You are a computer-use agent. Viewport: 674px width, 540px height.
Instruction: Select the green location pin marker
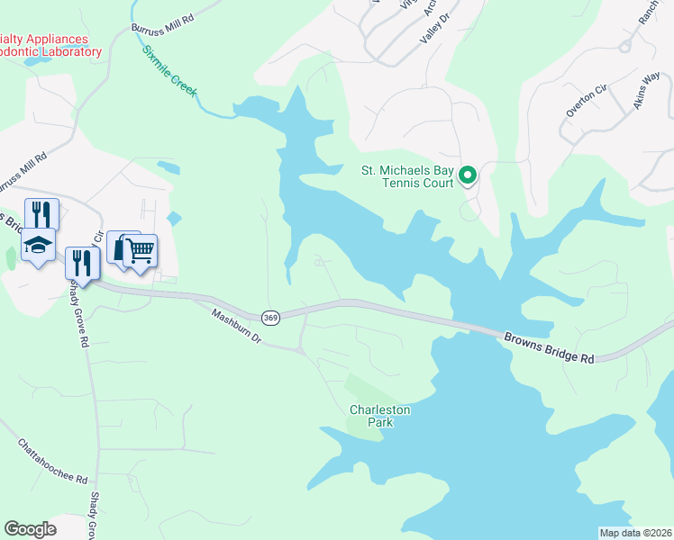point(468,175)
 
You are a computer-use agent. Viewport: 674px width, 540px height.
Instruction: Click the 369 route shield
point(270,318)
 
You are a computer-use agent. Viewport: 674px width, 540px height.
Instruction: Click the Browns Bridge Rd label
point(550,346)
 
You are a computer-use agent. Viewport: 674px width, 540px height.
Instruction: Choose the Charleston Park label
point(380,416)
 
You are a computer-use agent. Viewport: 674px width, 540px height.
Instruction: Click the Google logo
point(30,529)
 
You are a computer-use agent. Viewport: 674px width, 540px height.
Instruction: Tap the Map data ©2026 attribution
point(634,533)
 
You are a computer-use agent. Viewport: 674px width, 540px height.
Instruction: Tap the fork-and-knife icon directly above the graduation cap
point(41,213)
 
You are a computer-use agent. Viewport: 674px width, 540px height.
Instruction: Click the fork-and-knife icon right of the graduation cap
point(81,263)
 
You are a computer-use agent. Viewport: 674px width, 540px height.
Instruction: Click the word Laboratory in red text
point(64,52)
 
